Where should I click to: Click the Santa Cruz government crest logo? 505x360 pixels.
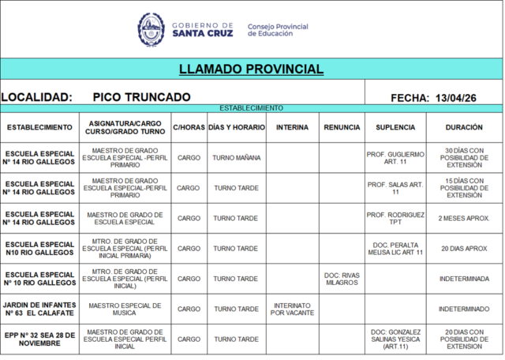[x=151, y=30]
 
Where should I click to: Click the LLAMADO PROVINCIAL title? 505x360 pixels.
[x=251, y=69]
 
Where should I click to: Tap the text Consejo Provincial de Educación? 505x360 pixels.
[x=278, y=30]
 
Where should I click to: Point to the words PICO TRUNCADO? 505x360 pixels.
[x=141, y=97]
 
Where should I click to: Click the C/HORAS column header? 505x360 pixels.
[x=189, y=127]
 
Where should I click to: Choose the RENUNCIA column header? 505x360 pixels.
[x=342, y=127]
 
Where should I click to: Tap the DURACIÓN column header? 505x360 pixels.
[x=464, y=127]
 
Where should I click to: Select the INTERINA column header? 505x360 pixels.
[x=293, y=127]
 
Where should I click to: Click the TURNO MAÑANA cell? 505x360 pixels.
[x=237, y=158]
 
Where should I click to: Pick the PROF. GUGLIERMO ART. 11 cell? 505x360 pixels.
[x=395, y=158]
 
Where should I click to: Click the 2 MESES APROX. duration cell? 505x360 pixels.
[x=464, y=219]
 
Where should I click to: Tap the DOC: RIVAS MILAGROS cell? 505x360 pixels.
[x=342, y=279]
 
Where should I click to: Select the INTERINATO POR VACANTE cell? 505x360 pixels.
[x=293, y=309]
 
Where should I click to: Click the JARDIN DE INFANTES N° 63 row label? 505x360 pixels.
[x=39, y=309]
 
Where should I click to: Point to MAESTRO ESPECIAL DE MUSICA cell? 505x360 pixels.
[x=125, y=309]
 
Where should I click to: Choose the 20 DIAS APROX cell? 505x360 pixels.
[x=464, y=249]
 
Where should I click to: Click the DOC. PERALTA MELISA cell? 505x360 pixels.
[x=395, y=249]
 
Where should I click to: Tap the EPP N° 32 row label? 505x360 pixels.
[x=39, y=339]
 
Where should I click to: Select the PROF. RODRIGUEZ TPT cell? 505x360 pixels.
[x=395, y=219]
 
